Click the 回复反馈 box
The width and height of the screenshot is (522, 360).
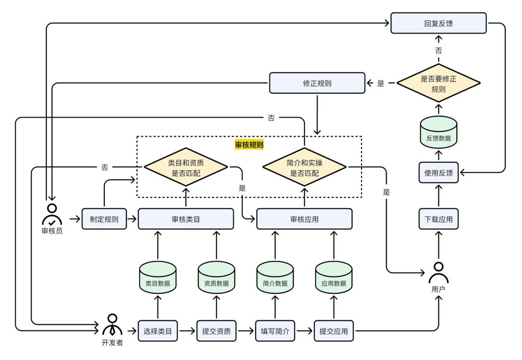[438, 23]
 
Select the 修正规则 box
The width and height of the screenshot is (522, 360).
[317, 83]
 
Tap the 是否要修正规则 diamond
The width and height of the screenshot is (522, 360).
[438, 83]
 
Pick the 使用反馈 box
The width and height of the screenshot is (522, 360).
[438, 173]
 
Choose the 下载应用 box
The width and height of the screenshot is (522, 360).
[438, 219]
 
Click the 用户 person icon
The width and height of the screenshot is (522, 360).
[438, 273]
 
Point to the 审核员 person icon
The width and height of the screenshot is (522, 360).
[52, 214]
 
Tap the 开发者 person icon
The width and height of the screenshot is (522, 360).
[112, 325]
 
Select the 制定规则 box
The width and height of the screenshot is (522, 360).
[104, 219]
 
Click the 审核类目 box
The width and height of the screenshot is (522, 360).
[186, 219]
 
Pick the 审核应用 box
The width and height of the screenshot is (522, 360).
[304, 219]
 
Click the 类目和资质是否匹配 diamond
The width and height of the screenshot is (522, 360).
[186, 168]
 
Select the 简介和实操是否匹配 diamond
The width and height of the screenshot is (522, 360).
[304, 168]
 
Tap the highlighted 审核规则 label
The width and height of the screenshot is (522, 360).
[249, 145]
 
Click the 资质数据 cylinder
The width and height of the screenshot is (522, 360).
[216, 278]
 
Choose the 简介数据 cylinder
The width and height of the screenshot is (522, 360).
[275, 278]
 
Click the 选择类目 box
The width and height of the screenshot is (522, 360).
[158, 331]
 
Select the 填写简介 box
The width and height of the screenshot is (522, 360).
[275, 331]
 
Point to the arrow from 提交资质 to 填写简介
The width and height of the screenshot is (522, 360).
[245, 331]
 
